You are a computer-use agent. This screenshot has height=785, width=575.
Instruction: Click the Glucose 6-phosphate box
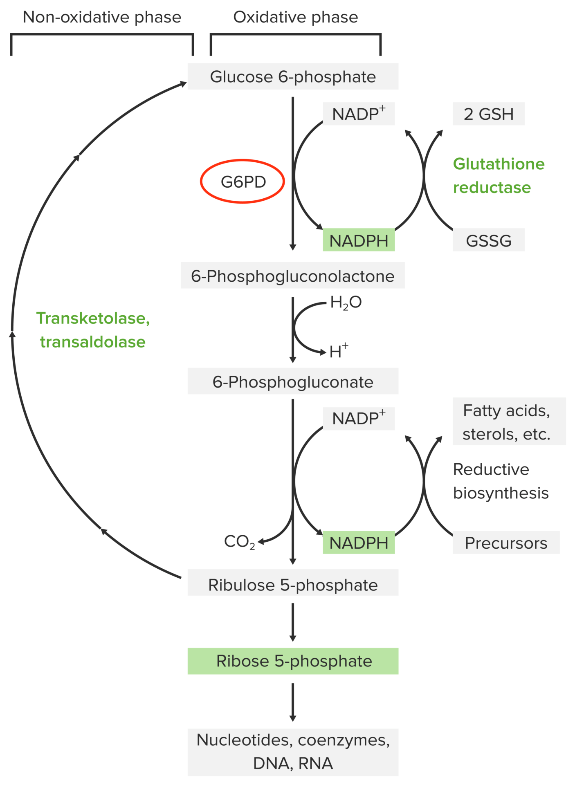pos(293,76)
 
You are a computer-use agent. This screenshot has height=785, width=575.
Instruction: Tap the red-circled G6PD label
pos(243,182)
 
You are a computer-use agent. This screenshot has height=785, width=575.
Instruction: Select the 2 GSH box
pos(488,114)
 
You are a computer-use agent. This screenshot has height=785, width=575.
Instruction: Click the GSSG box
pos(488,240)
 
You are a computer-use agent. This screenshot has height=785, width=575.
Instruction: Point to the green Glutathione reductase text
pos(498,176)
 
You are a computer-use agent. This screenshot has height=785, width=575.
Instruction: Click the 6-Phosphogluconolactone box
pos(293,276)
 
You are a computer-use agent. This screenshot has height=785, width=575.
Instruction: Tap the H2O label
pos(346,303)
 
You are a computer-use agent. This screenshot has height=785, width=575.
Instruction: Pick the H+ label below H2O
pos(339,351)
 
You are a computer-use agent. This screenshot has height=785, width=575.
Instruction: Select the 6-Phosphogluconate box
pos(293,381)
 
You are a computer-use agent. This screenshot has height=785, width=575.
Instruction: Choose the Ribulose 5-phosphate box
pos(293,585)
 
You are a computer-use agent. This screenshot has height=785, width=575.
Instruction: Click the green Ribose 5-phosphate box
pos(293,661)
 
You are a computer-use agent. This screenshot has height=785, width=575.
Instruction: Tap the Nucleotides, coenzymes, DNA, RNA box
pos(293,752)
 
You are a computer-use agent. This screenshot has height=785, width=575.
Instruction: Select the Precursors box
pos(506,543)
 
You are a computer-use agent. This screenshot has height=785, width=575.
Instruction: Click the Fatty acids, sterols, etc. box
pos(508,422)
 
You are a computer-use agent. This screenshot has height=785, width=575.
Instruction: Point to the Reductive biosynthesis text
pos(500,481)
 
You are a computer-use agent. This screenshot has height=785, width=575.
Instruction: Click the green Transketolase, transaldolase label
pos(93,330)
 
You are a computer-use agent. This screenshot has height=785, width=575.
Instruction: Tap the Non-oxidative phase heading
pos(102,17)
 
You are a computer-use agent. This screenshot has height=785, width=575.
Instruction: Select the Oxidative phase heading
pos(295,17)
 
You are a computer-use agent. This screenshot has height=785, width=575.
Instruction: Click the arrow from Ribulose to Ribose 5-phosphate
pos(293,622)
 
